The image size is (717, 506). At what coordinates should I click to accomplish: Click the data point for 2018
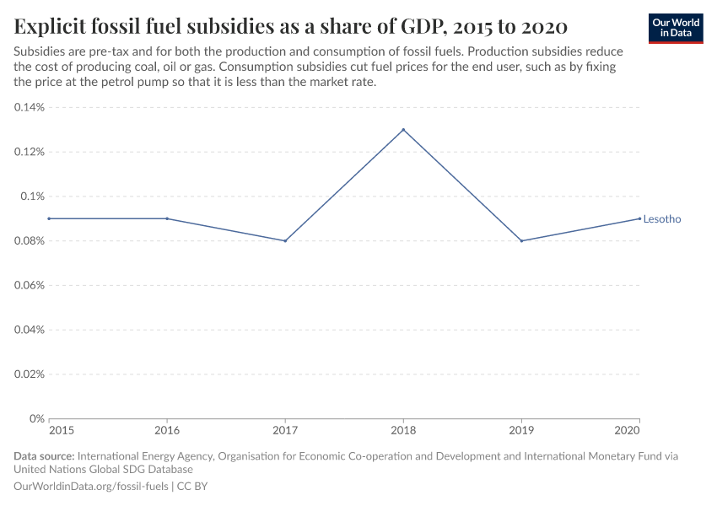click(403, 130)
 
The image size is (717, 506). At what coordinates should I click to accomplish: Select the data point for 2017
click(285, 240)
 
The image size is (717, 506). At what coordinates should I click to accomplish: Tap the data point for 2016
click(167, 218)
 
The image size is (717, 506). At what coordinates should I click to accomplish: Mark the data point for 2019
click(521, 240)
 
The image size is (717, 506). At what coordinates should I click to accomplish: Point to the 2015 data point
click(49, 218)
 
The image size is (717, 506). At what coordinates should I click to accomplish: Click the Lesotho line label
click(661, 219)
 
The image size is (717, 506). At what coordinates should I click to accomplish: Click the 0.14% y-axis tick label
click(29, 108)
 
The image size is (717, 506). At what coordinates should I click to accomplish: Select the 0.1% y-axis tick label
click(33, 196)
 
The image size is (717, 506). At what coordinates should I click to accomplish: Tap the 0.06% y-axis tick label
click(29, 285)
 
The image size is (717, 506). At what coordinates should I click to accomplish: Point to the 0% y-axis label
click(37, 418)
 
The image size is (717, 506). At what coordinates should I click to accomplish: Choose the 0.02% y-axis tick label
click(29, 374)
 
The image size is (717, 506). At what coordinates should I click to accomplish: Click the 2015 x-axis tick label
click(62, 430)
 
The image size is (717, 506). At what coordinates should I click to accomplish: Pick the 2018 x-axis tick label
click(403, 430)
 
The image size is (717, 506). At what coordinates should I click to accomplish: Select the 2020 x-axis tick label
click(627, 430)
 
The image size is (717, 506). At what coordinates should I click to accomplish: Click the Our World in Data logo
click(676, 28)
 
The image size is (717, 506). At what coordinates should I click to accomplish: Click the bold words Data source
click(44, 456)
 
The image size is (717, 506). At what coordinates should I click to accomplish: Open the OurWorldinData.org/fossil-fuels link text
click(92, 487)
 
